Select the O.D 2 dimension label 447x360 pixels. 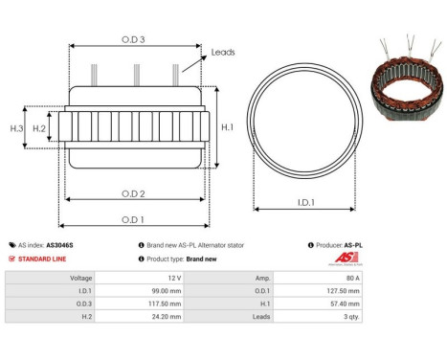tap(134, 192)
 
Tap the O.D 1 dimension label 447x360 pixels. tap(134, 219)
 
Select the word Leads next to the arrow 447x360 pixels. tap(223, 54)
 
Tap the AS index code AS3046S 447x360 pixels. tap(59, 245)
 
